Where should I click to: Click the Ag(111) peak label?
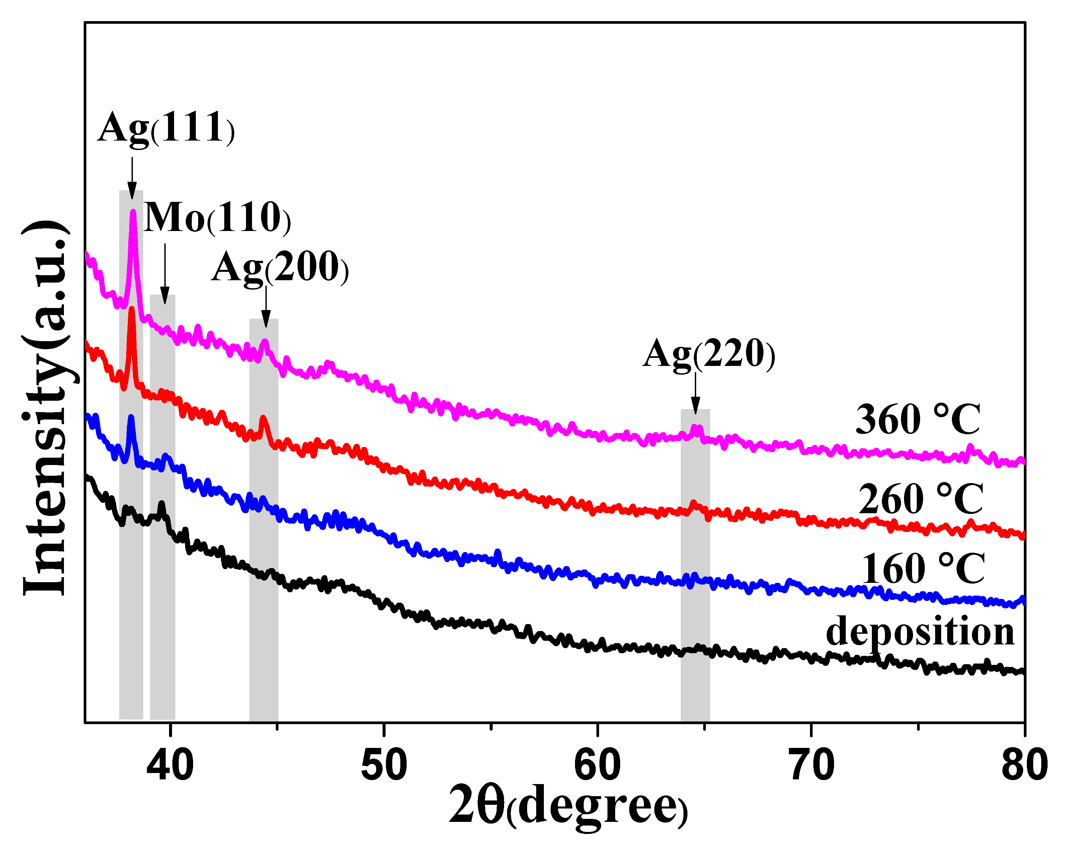(166, 129)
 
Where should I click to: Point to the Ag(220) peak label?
(709, 354)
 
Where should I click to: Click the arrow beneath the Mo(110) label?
(165, 275)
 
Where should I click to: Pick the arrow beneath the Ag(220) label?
(696, 393)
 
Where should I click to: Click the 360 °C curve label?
(917, 420)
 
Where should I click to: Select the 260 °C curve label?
(921, 500)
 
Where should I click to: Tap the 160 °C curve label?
(923, 569)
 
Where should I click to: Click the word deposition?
(920, 632)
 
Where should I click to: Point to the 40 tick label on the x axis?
(170, 765)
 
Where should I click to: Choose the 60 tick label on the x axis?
(597, 765)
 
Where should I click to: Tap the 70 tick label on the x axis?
(811, 765)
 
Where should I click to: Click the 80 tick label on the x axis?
(1024, 765)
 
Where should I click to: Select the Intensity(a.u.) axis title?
(46, 408)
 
